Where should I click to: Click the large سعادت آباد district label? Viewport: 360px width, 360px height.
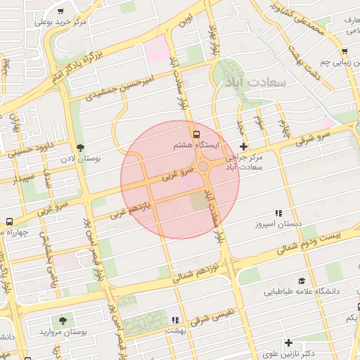tap(255, 82)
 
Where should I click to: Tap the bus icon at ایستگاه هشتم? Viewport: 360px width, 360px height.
tap(196, 134)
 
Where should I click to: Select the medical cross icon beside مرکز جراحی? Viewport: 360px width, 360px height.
tap(243, 147)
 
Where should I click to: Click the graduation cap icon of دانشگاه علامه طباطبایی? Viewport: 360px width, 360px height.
tap(302, 280)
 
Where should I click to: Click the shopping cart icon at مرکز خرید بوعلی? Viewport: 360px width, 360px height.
tap(60, 12)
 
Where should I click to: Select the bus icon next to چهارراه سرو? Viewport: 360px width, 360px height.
tap(8, 221)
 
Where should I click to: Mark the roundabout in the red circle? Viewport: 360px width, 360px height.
tap(205, 167)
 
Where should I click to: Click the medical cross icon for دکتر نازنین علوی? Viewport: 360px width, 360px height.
tap(288, 342)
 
